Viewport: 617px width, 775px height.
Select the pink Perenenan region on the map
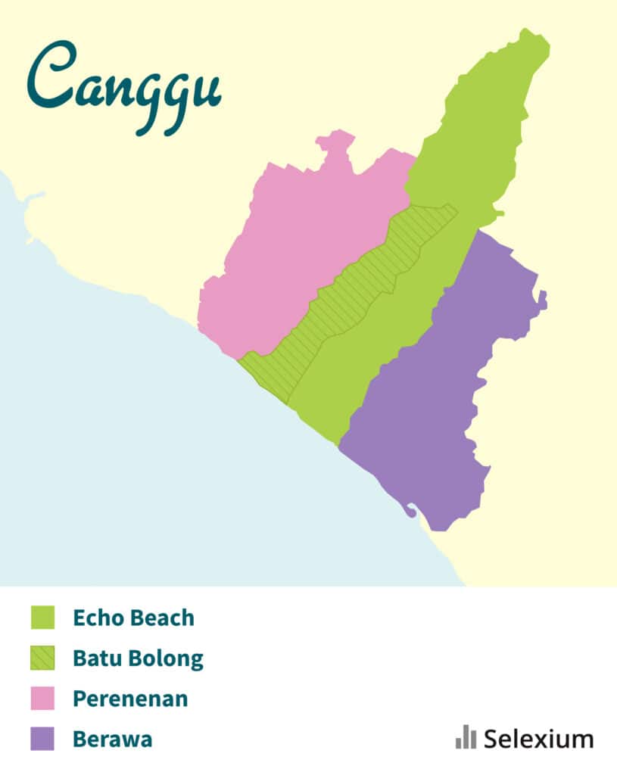(295, 242)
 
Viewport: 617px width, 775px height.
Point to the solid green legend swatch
(42, 618)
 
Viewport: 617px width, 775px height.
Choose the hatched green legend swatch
(42, 658)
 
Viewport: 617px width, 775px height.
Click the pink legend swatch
(42, 698)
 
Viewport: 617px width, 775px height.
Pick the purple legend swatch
(42, 738)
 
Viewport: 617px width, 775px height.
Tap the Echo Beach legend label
(133, 618)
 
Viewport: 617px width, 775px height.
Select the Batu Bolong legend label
(138, 658)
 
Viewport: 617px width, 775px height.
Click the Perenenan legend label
(130, 698)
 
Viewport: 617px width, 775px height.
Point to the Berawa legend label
(112, 738)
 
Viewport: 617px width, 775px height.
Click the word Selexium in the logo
(538, 738)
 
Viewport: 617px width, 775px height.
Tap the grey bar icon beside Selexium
(466, 736)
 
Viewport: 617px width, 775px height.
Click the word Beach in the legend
(164, 618)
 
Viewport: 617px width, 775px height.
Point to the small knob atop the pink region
(335, 140)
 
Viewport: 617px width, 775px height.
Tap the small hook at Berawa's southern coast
(410, 511)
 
